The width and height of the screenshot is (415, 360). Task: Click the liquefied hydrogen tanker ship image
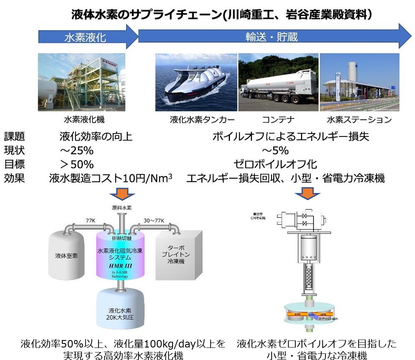[x=195, y=82]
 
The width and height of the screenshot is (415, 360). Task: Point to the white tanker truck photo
[x=278, y=82]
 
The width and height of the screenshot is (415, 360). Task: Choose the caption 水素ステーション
[x=359, y=120]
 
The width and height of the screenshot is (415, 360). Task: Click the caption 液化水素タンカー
[x=196, y=120]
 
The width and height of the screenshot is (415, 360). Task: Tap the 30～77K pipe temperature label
[x=154, y=220]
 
